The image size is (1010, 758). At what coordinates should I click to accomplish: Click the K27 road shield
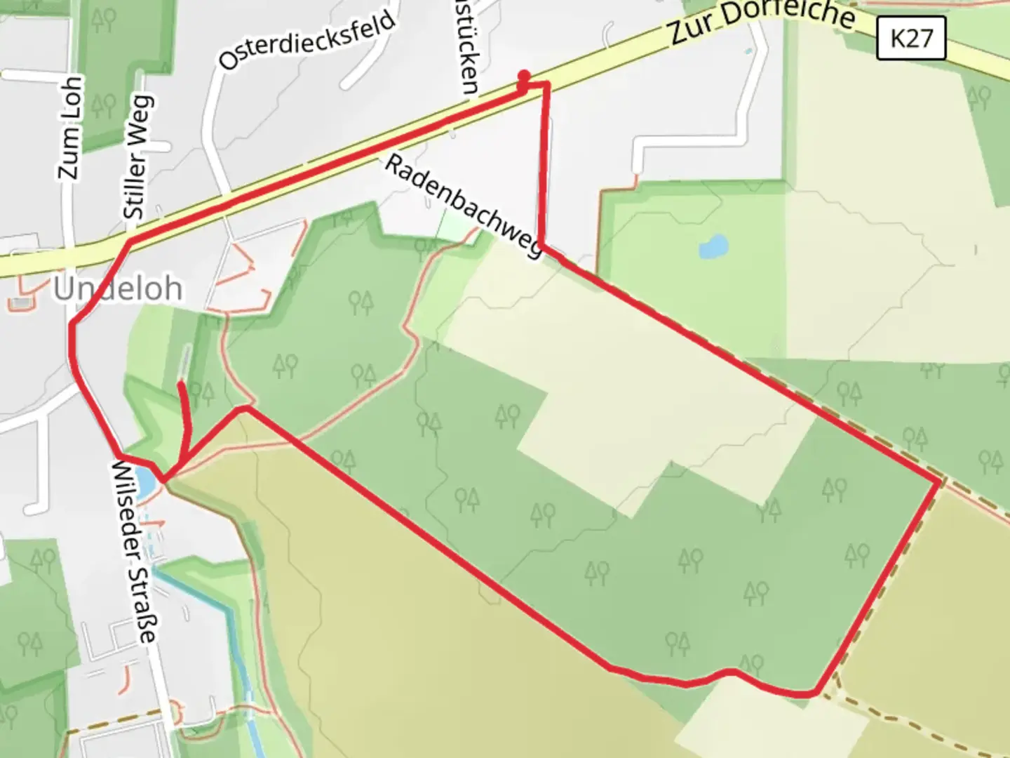click(x=911, y=38)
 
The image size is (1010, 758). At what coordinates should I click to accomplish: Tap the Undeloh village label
click(x=118, y=288)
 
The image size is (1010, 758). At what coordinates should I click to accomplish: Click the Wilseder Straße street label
click(x=134, y=552)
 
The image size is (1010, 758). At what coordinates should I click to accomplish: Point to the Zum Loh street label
click(x=69, y=127)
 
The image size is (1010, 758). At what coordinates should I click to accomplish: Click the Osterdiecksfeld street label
click(x=307, y=40)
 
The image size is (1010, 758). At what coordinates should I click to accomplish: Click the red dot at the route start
click(x=523, y=75)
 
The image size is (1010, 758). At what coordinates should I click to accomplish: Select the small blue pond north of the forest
click(x=713, y=247)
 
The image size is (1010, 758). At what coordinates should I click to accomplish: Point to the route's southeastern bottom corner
click(x=814, y=693)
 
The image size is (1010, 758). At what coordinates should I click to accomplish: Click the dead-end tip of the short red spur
click(x=182, y=384)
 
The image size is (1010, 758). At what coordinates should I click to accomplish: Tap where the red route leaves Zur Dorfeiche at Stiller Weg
click(x=129, y=243)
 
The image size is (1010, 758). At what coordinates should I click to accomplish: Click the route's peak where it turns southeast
click(x=243, y=408)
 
